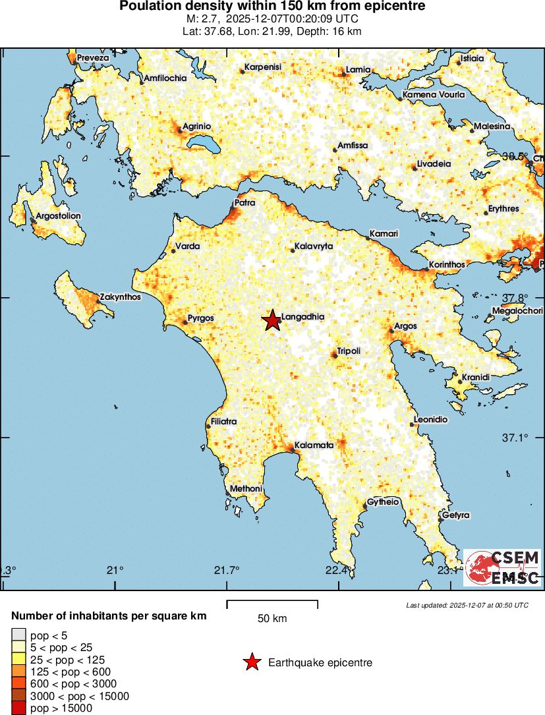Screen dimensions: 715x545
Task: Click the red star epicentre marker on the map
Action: coord(272,320)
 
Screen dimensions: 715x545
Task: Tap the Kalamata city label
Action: coord(314,445)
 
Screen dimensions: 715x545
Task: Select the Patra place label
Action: coord(245,203)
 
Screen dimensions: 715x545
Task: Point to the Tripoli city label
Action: coord(349,351)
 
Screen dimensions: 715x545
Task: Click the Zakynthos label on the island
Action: coord(120,297)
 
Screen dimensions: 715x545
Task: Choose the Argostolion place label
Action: coord(58,215)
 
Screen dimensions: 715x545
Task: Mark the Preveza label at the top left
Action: coord(92,58)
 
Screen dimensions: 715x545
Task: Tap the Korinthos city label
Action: coord(447,264)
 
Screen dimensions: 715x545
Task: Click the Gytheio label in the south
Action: coord(383,501)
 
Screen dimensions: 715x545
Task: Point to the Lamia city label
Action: coord(359,70)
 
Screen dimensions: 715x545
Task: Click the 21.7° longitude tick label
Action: coord(228,570)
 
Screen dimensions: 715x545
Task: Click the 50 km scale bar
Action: coord(272,604)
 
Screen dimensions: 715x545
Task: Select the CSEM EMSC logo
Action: coord(502,567)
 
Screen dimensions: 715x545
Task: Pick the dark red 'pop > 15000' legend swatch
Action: coord(18,708)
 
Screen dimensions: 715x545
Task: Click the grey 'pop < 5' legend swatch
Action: coord(18,636)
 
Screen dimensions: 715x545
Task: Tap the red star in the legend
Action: coord(252,662)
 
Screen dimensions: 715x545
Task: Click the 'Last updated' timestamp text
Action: coord(467,605)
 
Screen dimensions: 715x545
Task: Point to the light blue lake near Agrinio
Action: coord(200,143)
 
